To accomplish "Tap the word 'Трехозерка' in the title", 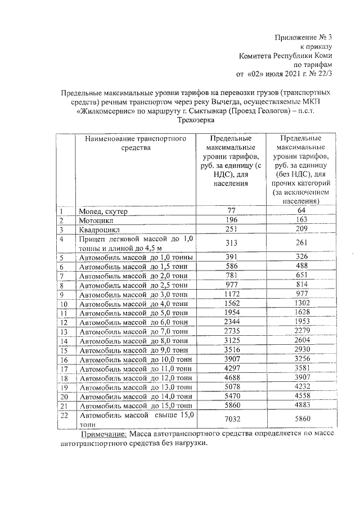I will pos(196,120).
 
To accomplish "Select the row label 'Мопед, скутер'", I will pos(104,211).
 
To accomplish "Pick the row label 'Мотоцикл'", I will pos(96,220).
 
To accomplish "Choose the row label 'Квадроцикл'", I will pos(100,229).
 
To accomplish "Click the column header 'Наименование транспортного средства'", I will pos(136,143).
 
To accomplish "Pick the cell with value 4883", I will pos(301,404).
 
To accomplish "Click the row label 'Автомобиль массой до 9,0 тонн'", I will pos(133,350).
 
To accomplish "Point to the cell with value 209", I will pos(301,229).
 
